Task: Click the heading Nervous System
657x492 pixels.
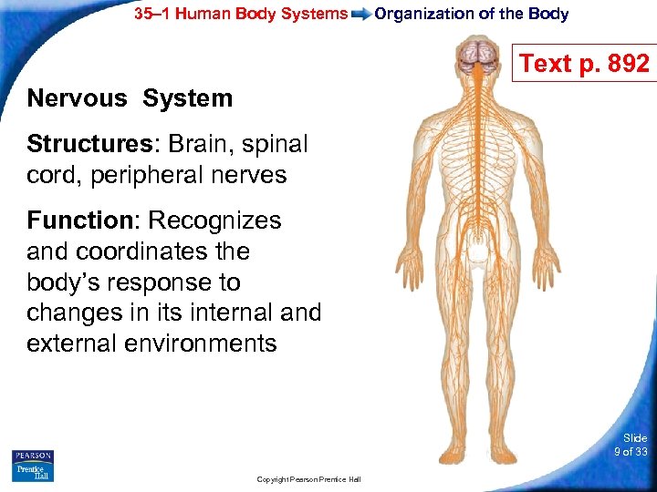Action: click(130, 98)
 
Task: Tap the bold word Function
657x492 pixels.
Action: click(79, 220)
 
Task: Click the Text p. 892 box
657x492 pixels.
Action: click(584, 64)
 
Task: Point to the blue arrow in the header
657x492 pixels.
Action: click(360, 14)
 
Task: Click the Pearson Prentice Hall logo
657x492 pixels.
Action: click(33, 465)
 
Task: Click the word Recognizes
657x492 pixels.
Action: click(214, 220)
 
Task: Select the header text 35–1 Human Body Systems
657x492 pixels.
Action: click(241, 14)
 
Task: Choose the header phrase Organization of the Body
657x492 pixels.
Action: click(472, 14)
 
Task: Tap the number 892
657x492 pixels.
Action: click(628, 64)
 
